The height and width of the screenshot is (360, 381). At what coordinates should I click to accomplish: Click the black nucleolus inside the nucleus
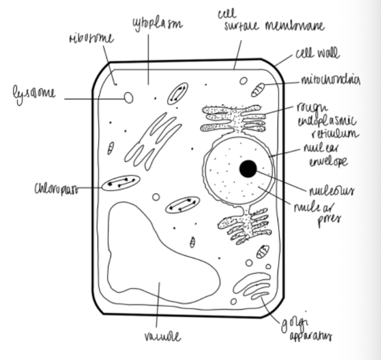click(248, 169)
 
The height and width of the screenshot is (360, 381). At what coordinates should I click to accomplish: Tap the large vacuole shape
click(158, 251)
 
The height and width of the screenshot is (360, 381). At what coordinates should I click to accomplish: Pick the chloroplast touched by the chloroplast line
click(120, 184)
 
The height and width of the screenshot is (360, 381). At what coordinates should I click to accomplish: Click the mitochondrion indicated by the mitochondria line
click(258, 90)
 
